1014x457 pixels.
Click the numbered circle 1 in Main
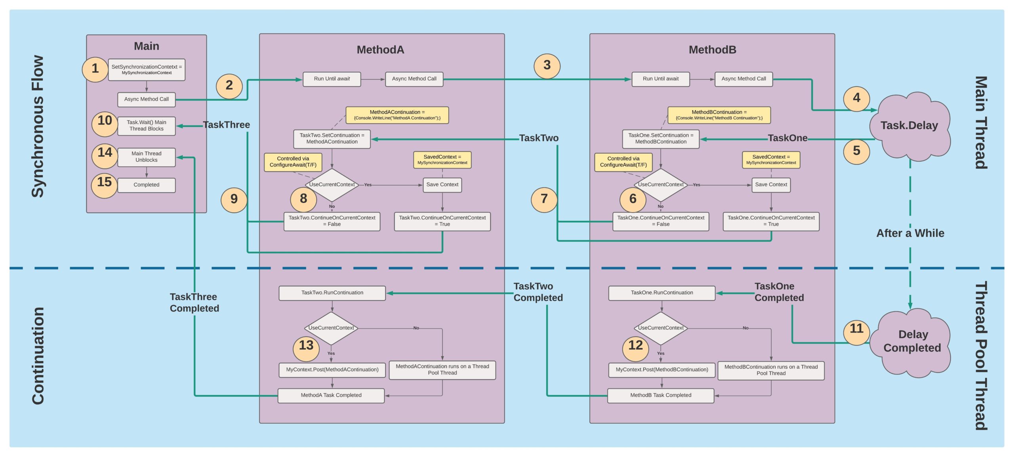point(95,69)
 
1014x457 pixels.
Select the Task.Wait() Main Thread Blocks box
point(146,126)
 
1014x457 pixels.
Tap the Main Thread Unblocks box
point(146,157)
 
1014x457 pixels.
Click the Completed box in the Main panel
point(146,185)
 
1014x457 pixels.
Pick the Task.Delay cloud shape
point(909,126)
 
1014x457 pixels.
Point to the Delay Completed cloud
point(912,341)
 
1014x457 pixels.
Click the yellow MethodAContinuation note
point(397,115)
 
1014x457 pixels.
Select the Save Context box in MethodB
point(771,185)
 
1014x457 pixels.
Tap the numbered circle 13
point(306,346)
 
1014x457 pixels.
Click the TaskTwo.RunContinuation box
point(332,293)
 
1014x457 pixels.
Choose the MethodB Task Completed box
point(660,396)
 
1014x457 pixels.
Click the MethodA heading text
point(380,50)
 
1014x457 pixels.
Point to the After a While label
point(910,233)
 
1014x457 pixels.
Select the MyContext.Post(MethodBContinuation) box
point(661,370)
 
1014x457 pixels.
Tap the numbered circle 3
point(547,65)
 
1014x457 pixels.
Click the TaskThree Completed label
point(194,303)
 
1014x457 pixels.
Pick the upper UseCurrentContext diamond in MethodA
point(332,185)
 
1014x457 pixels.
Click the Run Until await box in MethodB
point(660,79)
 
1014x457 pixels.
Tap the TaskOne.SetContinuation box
point(660,139)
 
